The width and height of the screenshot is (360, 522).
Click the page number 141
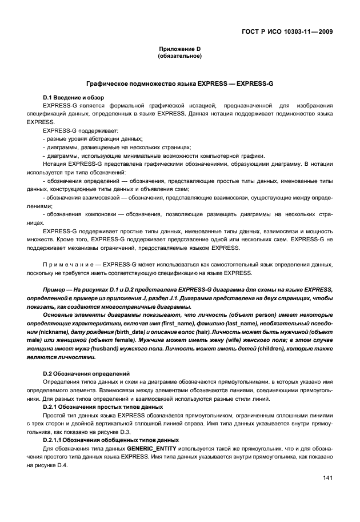click(x=327, y=478)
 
